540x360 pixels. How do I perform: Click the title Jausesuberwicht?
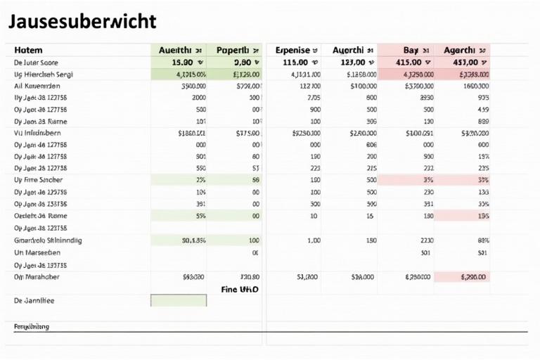pyautogui.click(x=82, y=22)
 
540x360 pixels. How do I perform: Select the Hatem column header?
pyautogui.click(x=28, y=50)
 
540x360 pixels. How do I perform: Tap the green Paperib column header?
pyautogui.click(x=235, y=50)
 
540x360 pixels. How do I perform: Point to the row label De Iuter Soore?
pyautogui.click(x=37, y=62)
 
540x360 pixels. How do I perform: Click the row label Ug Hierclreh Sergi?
pyautogui.click(x=44, y=74)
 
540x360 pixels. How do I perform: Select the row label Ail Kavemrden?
pyautogui.click(x=38, y=86)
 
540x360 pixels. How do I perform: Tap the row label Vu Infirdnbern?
pyautogui.click(x=38, y=132)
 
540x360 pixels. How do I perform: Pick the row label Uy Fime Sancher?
pyautogui.click(x=39, y=180)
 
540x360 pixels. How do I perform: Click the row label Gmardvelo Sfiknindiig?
pyautogui.click(x=48, y=240)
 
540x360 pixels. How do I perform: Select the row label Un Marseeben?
pyautogui.click(x=37, y=252)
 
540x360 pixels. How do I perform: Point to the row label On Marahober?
pyautogui.click(x=37, y=277)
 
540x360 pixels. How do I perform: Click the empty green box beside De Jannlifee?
pyautogui.click(x=179, y=300)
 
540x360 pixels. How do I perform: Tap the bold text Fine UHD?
pyautogui.click(x=240, y=289)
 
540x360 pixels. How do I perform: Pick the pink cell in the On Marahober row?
pyautogui.click(x=463, y=277)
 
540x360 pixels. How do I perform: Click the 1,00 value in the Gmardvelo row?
pyautogui.click(x=314, y=240)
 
